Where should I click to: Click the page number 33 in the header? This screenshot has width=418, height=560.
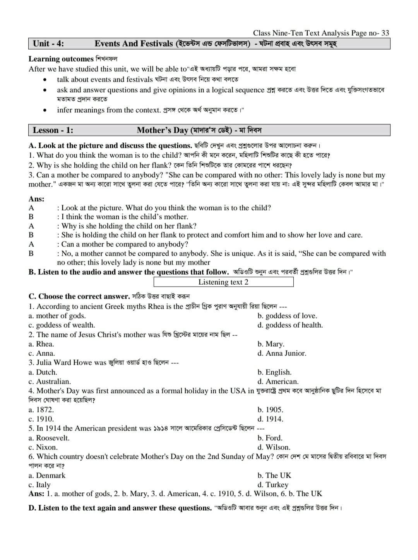click(x=385, y=33)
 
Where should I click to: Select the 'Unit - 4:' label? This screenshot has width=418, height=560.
click(x=48, y=44)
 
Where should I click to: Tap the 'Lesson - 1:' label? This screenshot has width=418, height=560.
click(x=53, y=130)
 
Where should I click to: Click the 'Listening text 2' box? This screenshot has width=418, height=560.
click(x=223, y=282)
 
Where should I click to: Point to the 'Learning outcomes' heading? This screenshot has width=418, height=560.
click(x=61, y=59)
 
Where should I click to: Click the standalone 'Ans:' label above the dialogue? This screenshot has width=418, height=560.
click(x=36, y=199)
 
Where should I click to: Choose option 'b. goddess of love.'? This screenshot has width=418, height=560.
click(x=287, y=316)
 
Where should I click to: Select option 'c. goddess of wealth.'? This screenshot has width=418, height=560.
click(x=62, y=325)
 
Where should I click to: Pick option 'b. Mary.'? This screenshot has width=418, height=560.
click(x=271, y=344)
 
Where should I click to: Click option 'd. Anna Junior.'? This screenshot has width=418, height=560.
click(x=282, y=353)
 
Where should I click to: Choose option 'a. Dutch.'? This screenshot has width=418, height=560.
click(x=43, y=372)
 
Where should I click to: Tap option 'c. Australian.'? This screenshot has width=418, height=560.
click(x=50, y=382)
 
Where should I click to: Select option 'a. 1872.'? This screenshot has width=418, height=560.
click(x=41, y=410)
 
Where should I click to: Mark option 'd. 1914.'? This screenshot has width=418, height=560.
click(x=270, y=419)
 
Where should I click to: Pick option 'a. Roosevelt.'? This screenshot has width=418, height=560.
click(x=49, y=438)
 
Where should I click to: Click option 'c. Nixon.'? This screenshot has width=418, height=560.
click(x=43, y=447)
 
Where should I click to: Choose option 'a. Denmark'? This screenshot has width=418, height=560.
click(x=47, y=476)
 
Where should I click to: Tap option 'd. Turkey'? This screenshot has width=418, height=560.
click(x=273, y=485)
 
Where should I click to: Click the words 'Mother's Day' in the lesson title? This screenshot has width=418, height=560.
click(x=163, y=130)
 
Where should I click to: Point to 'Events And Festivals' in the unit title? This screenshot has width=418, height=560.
click(x=134, y=44)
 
